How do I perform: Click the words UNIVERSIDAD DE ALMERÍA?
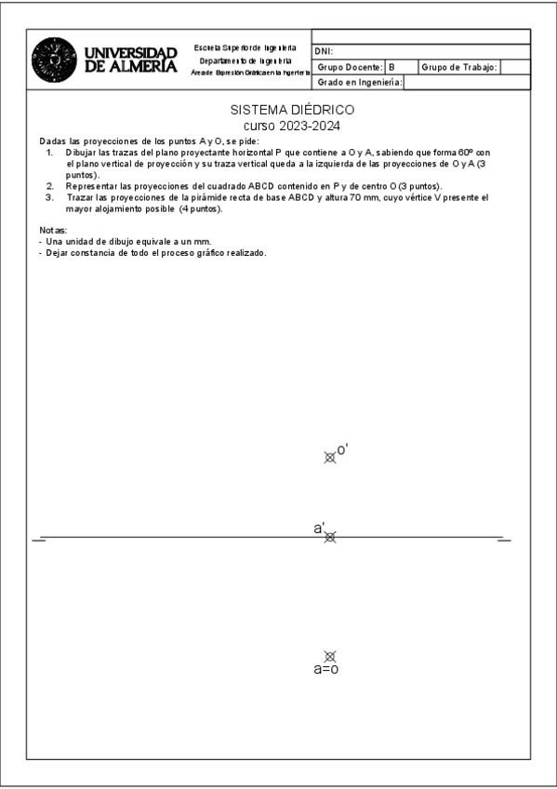click(x=130, y=60)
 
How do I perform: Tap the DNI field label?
click(x=325, y=52)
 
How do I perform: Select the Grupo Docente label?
click(x=350, y=67)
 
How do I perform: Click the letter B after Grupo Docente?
click(x=391, y=67)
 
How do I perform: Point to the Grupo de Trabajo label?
click(x=460, y=67)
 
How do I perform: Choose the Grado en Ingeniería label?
click(x=359, y=82)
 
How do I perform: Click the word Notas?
click(x=53, y=230)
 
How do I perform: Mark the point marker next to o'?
click(x=329, y=457)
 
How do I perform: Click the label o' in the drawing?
click(x=342, y=449)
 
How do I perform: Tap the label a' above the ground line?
click(x=319, y=528)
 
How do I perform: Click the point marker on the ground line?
click(x=330, y=537)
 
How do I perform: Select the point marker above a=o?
click(x=329, y=656)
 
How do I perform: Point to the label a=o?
click(x=325, y=669)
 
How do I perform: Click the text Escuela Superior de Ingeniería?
click(x=245, y=47)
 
